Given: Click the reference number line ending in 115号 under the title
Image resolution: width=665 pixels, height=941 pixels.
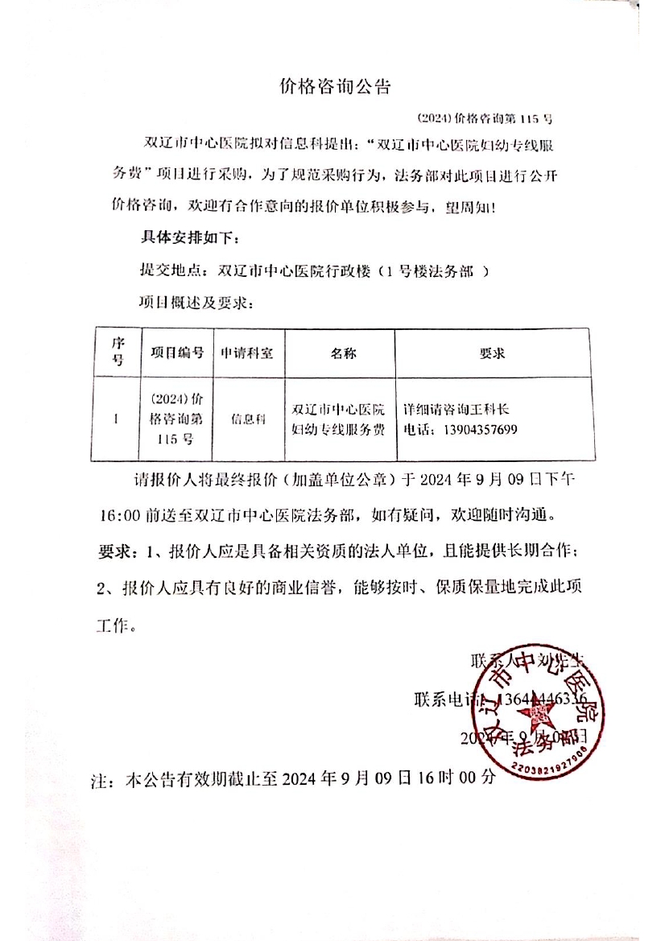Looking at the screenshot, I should [x=486, y=118].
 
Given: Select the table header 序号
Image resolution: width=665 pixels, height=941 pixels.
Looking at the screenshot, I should [x=117, y=353].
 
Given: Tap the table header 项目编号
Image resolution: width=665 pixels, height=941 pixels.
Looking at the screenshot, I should [x=176, y=353].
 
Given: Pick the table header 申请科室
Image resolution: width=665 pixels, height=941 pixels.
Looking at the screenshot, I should [x=248, y=353].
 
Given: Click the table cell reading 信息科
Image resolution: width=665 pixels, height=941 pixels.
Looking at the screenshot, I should [x=248, y=419].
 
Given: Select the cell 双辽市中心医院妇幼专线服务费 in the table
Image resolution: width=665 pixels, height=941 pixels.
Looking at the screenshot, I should [x=339, y=419].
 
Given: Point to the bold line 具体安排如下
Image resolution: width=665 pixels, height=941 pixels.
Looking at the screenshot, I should [x=189, y=239].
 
